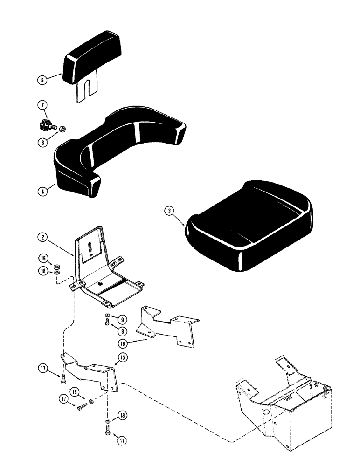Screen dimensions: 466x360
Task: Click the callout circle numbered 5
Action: point(42,80)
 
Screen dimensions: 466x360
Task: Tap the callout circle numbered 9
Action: point(121,320)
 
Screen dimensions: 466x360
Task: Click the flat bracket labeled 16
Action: point(166,328)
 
